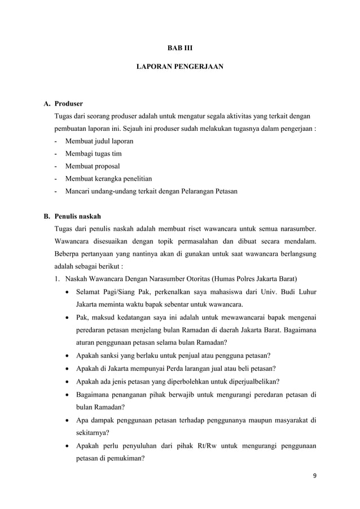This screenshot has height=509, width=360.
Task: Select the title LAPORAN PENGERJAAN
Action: pyautogui.click(x=180, y=67)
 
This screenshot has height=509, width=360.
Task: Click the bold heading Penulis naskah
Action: pyautogui.click(x=77, y=216)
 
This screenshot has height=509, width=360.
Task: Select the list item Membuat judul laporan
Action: pyautogui.click(x=99, y=141)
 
